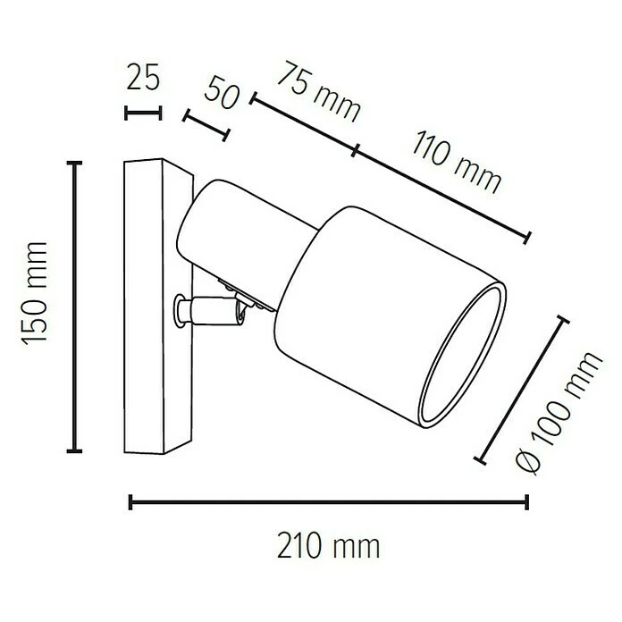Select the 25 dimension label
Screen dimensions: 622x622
pos(143,79)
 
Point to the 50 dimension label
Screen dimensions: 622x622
pos(223,92)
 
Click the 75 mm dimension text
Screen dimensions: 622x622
pos(317,92)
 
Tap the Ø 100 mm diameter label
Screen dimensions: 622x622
pos(560,411)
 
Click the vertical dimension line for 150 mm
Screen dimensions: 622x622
pos(76,306)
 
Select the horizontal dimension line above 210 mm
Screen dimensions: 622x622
pos(329,502)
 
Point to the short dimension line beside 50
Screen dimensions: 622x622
pos(206,126)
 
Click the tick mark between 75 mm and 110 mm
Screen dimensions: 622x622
pos(356,151)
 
